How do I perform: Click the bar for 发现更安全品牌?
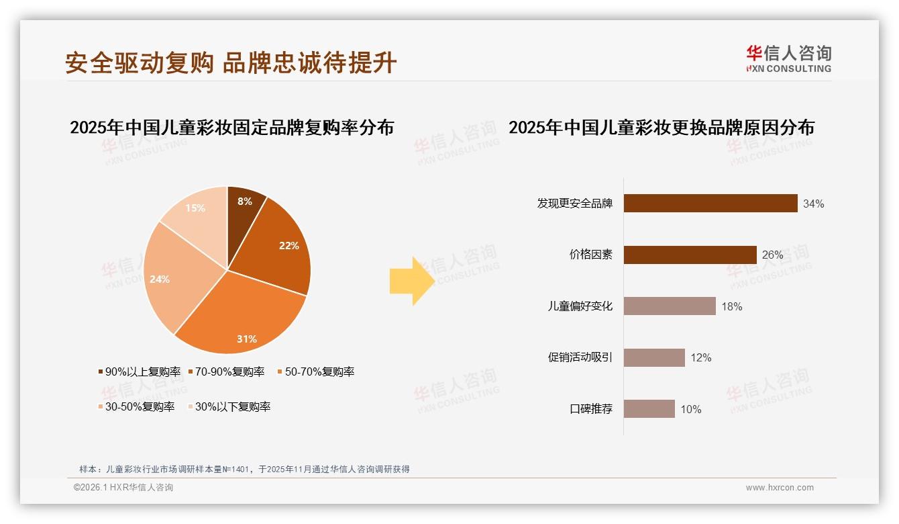(710, 204)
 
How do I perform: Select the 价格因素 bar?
(690, 255)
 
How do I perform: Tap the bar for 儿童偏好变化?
(669, 306)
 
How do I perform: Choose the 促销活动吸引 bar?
(653, 357)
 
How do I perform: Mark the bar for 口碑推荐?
(649, 409)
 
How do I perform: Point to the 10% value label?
(690, 409)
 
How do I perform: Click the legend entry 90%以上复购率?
(139, 372)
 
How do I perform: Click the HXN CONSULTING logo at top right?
(788, 59)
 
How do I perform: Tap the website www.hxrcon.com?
(780, 488)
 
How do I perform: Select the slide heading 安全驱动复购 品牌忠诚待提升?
(231, 62)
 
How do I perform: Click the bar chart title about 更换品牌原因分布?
(661, 128)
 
